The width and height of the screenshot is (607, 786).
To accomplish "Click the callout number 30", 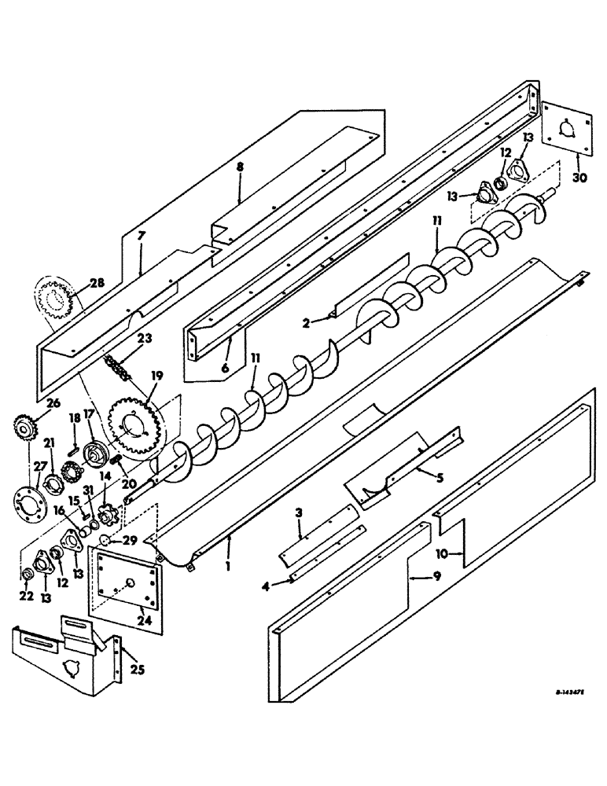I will click(x=579, y=178).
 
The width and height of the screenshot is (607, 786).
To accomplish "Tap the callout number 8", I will click(x=240, y=167).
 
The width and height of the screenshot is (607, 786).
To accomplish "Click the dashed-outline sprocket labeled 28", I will click(x=56, y=301).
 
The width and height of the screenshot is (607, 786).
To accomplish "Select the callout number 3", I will click(x=299, y=513).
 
